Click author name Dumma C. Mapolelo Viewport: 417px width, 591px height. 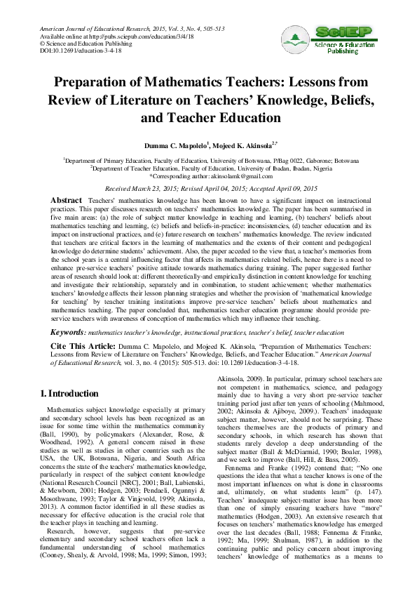pos(177,145)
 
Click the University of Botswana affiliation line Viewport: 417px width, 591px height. pos(208,160)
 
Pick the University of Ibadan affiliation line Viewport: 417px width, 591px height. pos(208,168)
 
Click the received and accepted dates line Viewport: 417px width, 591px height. pos(207,190)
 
